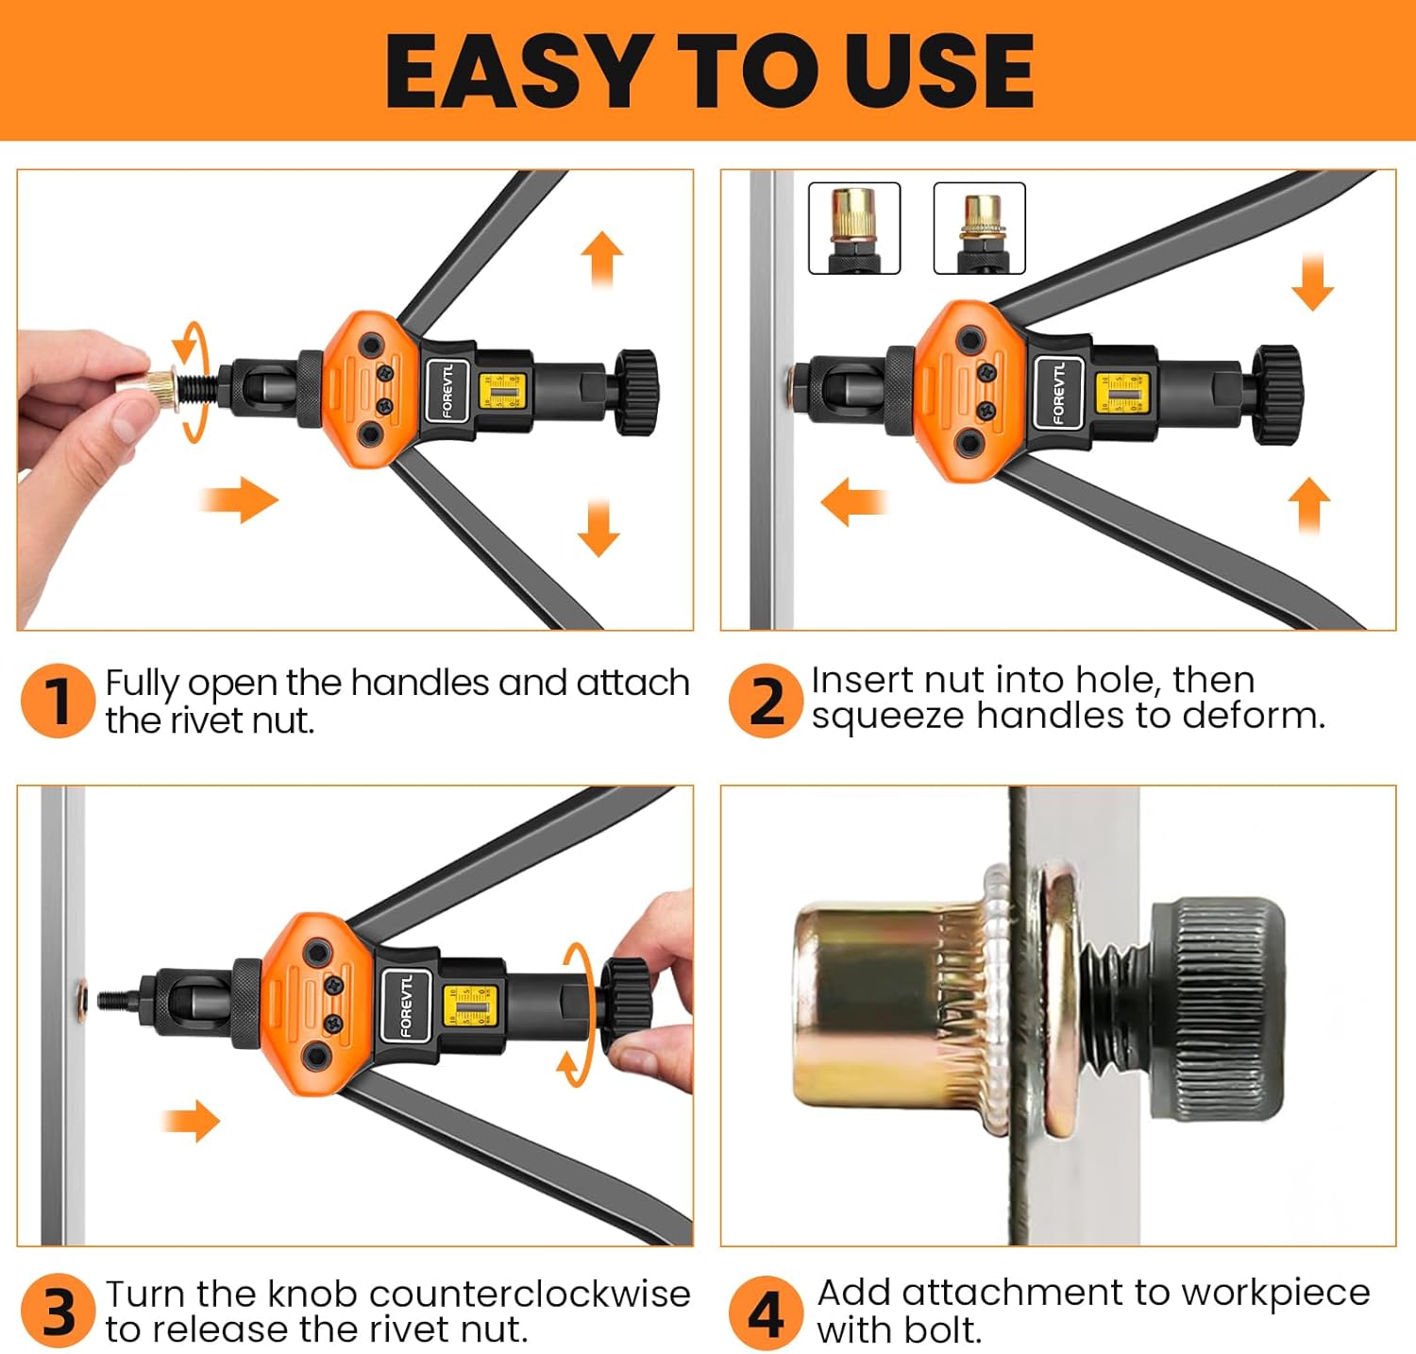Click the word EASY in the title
click(x=515, y=71)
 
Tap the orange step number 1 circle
click(x=58, y=701)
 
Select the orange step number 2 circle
click(x=766, y=701)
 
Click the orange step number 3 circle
click(x=58, y=1312)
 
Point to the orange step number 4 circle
click(x=766, y=1312)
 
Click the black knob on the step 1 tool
click(x=636, y=393)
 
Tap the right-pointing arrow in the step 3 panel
click(x=192, y=1121)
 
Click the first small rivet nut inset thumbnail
click(x=854, y=228)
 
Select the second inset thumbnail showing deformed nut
click(x=979, y=228)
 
